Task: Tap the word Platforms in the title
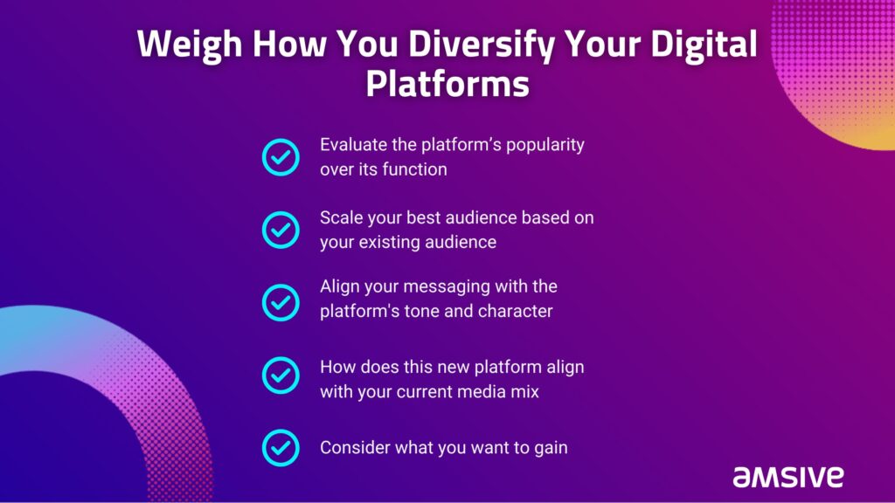(x=447, y=84)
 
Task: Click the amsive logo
(x=788, y=477)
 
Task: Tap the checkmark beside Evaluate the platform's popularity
(x=281, y=157)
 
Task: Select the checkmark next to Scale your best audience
(x=281, y=230)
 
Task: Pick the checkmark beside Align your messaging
(x=281, y=302)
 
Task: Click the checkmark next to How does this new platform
(x=281, y=376)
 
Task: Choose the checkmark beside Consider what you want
(x=281, y=448)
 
